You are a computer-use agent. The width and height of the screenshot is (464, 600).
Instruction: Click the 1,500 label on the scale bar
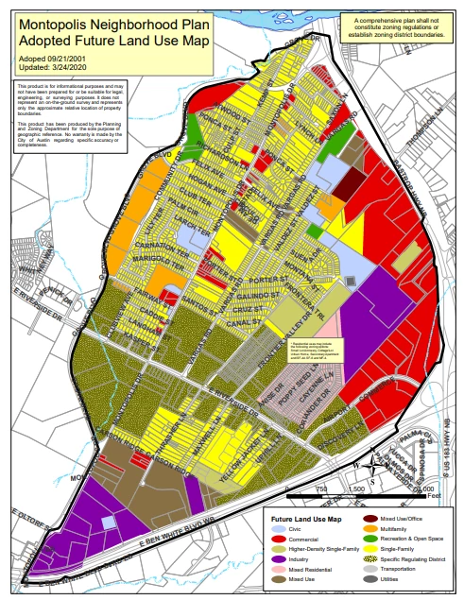pyautogui.click(x=357, y=488)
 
